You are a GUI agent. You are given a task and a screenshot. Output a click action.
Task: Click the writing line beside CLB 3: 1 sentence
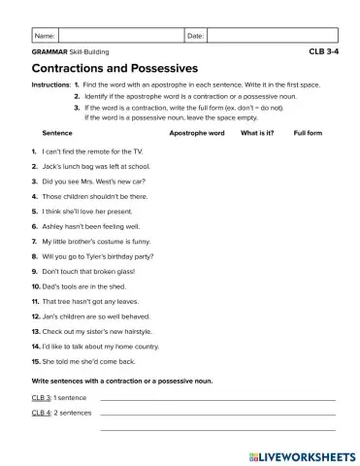tap(217, 398)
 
